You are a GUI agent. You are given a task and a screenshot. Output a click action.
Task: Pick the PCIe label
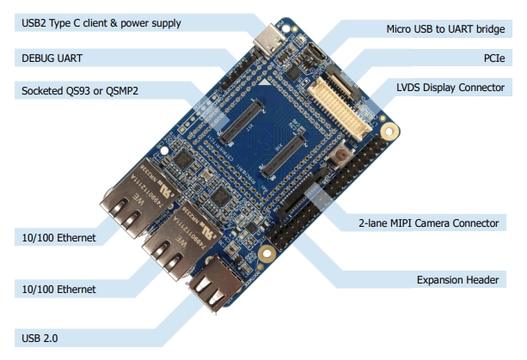point(493,58)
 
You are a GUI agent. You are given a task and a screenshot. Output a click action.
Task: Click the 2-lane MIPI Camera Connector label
point(427,223)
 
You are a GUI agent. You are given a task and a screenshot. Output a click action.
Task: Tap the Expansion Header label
point(458,279)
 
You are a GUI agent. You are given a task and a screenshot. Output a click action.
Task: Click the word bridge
point(487,29)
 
